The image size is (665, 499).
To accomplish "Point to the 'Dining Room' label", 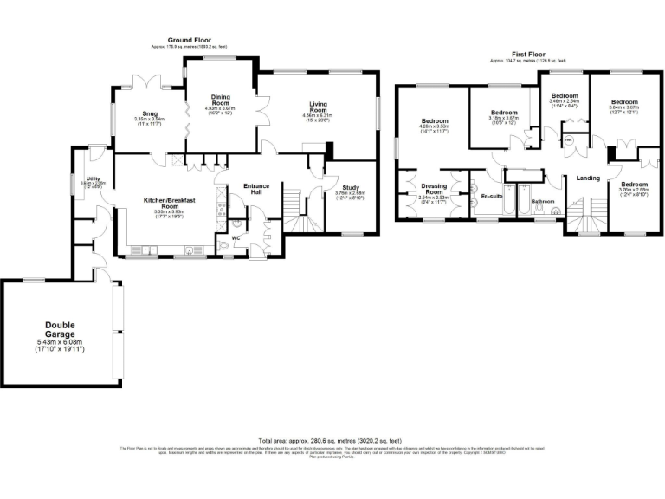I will (220, 100).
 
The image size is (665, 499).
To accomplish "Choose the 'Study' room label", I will (350, 186).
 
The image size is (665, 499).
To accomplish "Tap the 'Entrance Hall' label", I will (256, 189).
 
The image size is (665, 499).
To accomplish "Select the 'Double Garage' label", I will (61, 329).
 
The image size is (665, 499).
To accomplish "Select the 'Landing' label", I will (588, 178).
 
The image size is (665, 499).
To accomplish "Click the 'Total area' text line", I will (332, 440).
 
